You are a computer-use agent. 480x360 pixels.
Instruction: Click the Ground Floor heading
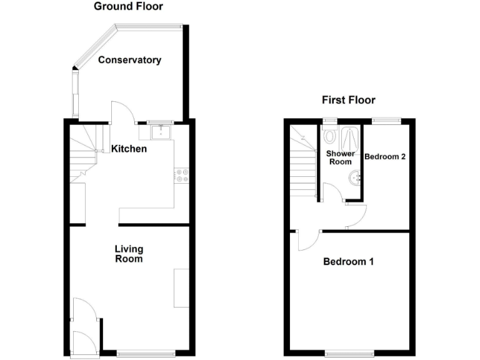tap(128, 7)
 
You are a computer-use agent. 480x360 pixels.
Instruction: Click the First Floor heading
tap(348, 100)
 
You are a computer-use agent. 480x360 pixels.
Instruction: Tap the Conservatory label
tap(129, 60)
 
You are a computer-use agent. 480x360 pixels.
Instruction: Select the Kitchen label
tap(129, 149)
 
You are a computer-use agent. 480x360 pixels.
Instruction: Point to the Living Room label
tap(129, 254)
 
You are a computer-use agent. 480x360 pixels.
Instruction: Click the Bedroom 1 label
tap(348, 261)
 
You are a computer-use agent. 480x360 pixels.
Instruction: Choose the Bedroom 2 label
tap(385, 156)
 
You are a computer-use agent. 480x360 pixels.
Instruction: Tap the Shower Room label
tap(341, 157)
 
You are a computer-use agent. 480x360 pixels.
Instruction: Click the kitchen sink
tap(162, 132)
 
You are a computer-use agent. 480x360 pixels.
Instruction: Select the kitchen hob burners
tap(182, 176)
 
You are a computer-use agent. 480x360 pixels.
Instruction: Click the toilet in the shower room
tap(331, 136)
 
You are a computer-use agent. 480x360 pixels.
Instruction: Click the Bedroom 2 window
tap(386, 119)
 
